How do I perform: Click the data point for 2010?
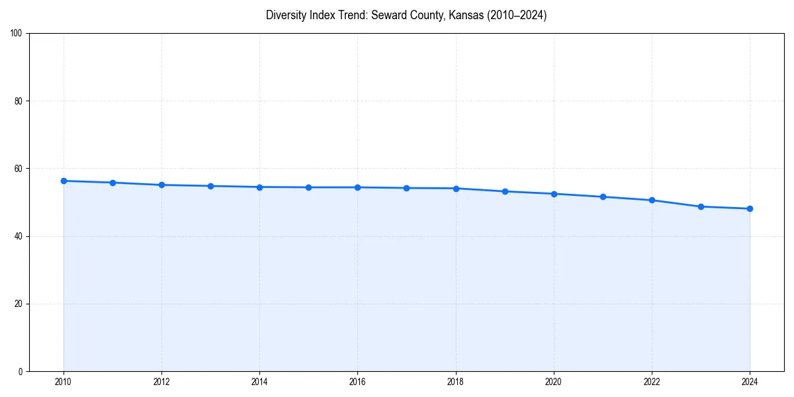64,181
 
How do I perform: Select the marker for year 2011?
112,183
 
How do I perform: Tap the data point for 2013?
210,186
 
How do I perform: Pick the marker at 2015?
308,187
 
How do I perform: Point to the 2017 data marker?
406,188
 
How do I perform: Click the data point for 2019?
505,191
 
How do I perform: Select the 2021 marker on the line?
603,197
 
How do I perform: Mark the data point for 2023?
701,206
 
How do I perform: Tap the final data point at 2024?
750,208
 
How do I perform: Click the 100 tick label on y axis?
17,34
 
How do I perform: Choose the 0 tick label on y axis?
21,371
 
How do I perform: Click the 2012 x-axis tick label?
161,382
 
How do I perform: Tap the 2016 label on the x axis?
357,382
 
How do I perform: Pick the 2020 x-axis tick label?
554,382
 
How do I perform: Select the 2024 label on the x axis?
750,382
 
